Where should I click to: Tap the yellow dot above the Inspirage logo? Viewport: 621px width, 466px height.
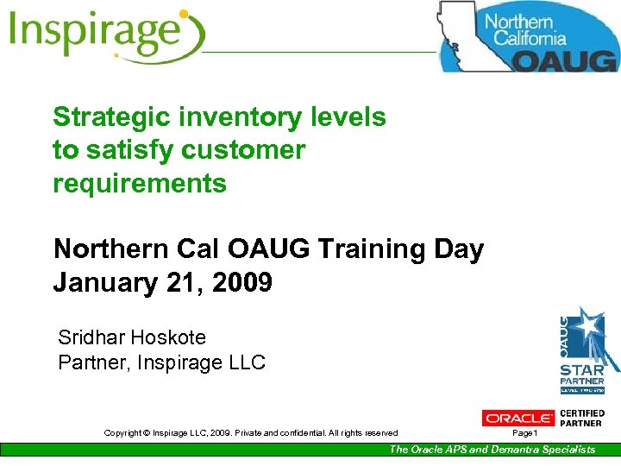point(183,14)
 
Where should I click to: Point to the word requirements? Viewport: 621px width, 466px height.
point(140,183)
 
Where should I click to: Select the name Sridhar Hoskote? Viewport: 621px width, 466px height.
point(132,337)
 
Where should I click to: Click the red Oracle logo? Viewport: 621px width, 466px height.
point(517,418)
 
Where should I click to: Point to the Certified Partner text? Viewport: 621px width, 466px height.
point(582,418)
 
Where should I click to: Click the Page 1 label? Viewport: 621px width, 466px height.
point(524,432)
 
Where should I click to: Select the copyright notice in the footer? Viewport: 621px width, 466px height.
point(250,432)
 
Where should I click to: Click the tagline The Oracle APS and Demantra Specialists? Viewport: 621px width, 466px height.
point(492,449)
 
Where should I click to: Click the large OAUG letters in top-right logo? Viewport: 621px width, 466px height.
point(565,59)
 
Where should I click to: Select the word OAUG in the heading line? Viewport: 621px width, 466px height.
point(277,249)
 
